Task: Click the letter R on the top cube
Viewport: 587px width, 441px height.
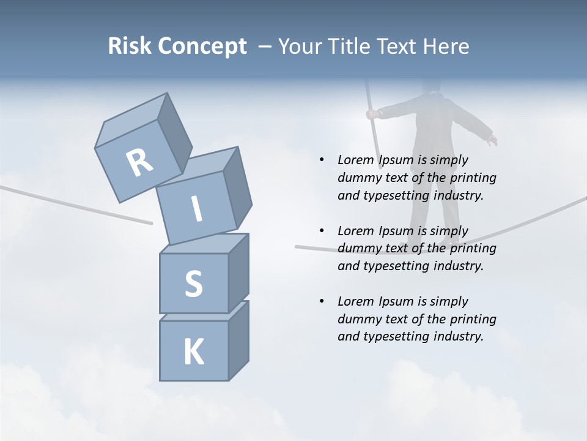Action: click(x=139, y=162)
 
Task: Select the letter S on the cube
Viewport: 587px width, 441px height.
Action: click(x=193, y=284)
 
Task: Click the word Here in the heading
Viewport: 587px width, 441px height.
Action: click(x=445, y=46)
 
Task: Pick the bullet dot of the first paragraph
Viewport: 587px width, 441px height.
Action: click(x=322, y=160)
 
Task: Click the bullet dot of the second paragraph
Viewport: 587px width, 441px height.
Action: click(x=322, y=231)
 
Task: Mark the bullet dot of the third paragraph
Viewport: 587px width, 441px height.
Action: click(x=322, y=301)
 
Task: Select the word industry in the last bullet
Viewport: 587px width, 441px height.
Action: click(x=459, y=336)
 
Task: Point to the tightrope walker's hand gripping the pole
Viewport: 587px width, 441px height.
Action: click(x=371, y=114)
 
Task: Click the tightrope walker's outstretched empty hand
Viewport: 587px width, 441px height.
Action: click(x=492, y=141)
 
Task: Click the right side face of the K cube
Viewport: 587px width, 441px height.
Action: click(x=238, y=340)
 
